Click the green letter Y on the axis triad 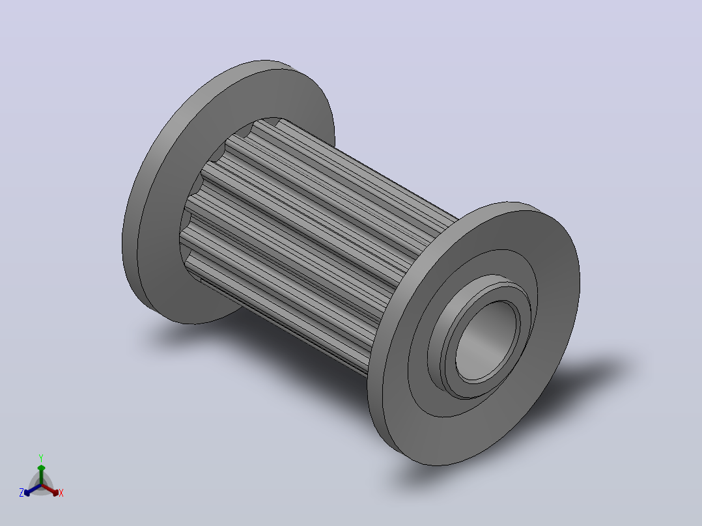tap(41, 458)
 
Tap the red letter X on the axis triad tap(61, 493)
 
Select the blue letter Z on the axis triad tap(21, 493)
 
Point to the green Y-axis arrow tap(41, 475)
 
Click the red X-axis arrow tap(50, 490)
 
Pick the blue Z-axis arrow tap(33, 490)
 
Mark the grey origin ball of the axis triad tap(41, 485)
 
